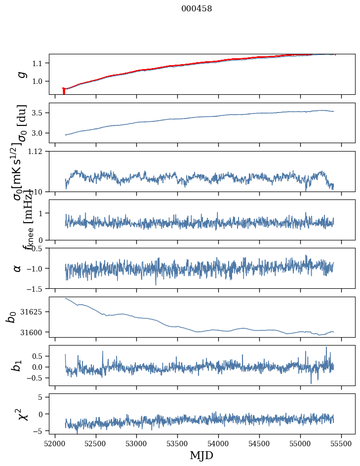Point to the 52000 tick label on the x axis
pyautogui.click(x=55, y=442)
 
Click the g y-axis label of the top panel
pyautogui.click(x=21, y=74)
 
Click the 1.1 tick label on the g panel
pyautogui.click(x=39, y=63)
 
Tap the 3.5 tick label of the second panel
pyautogui.click(x=39, y=113)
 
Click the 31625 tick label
pyautogui.click(x=35, y=312)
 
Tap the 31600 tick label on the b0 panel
pyautogui.click(x=35, y=332)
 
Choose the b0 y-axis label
pyautogui.click(x=11, y=316)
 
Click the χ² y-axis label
pyautogui.click(x=22, y=414)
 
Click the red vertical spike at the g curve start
pyautogui.click(x=64, y=91)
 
